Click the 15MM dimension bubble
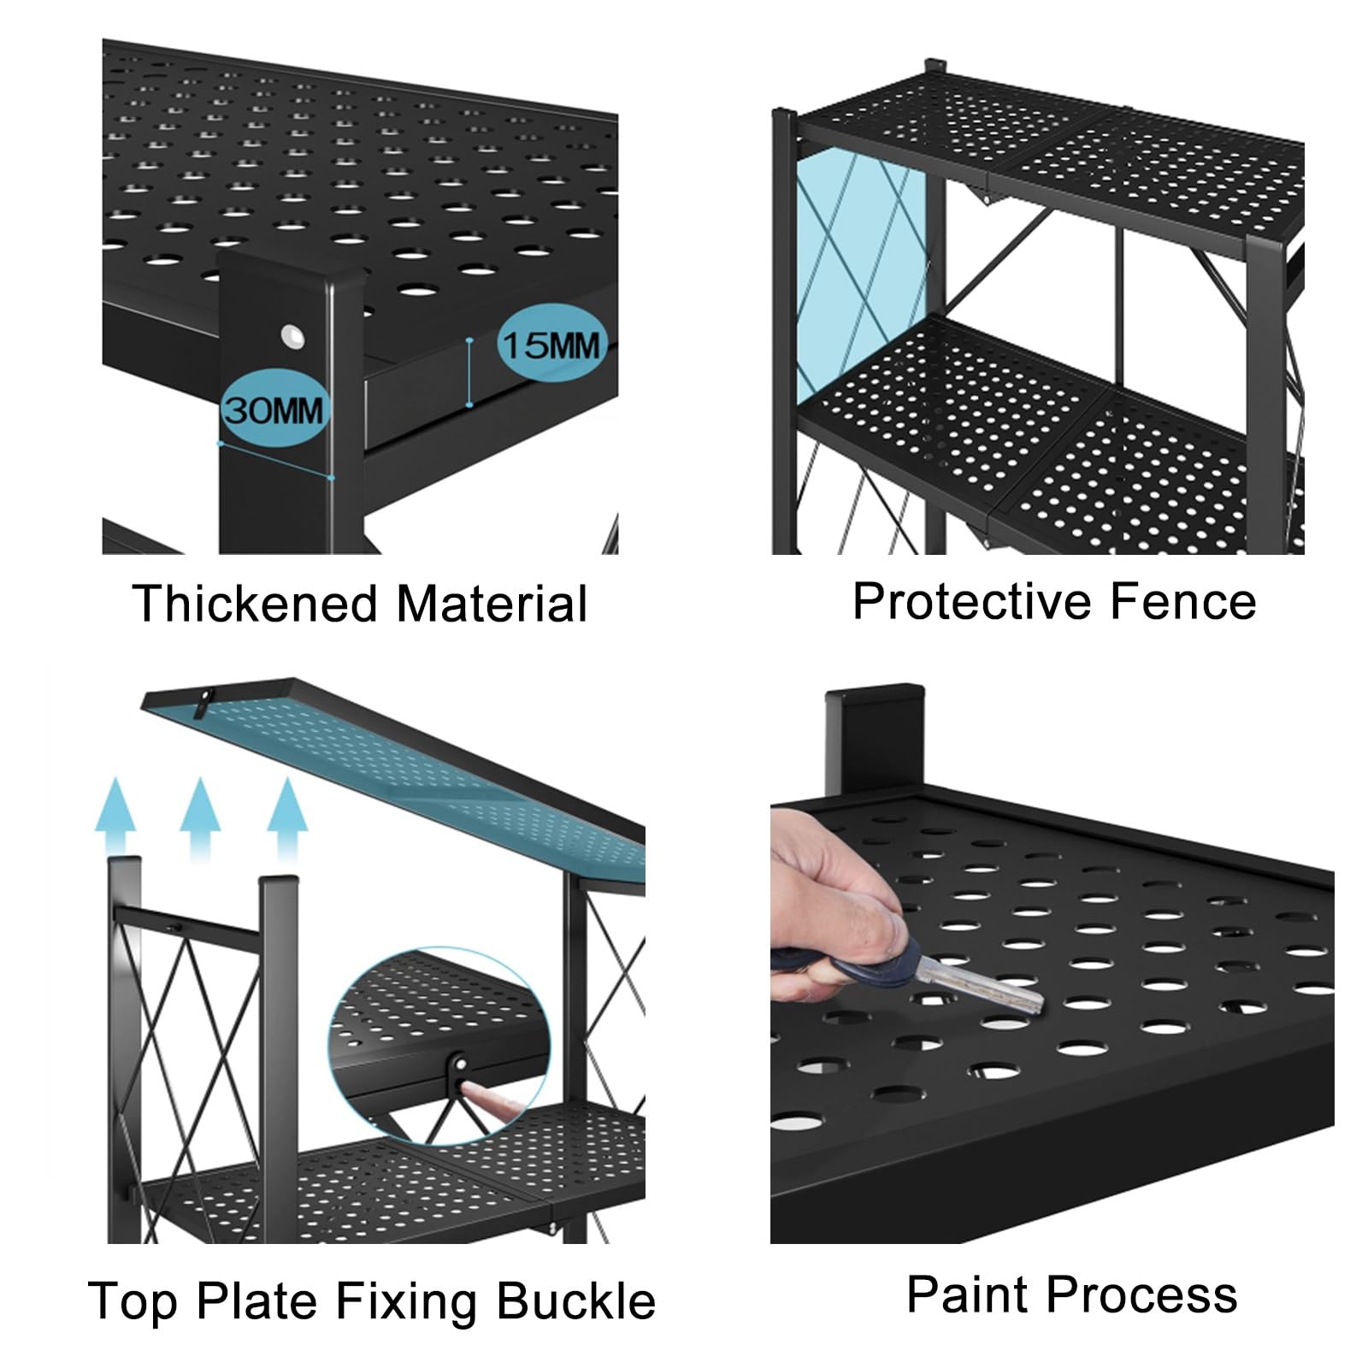[551, 345]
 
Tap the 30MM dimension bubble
[274, 410]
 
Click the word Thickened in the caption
[254, 604]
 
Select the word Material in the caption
[492, 604]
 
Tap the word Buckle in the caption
[576, 1301]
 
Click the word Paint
[967, 1294]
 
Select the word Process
[1143, 1294]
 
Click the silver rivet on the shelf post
[293, 335]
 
